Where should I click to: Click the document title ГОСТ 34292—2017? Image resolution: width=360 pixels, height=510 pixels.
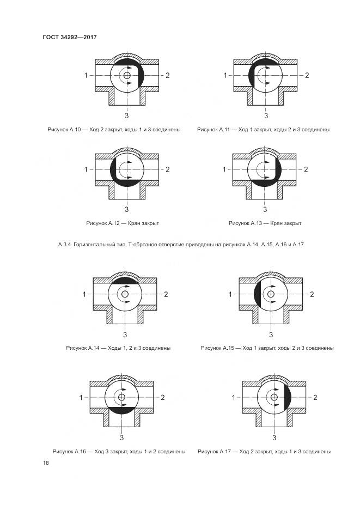pos(69,37)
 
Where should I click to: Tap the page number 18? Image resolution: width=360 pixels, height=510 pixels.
pos(46,463)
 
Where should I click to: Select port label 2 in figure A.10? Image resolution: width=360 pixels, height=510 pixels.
pos(168,75)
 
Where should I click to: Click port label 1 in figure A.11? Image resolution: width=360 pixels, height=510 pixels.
pos(225,75)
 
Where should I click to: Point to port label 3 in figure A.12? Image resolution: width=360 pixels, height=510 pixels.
pos(127,209)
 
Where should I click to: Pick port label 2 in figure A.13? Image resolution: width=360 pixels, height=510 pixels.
pos(306,169)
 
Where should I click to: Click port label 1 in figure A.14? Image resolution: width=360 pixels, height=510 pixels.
pos(84,294)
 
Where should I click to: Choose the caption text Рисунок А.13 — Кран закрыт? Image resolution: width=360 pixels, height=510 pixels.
pos(265,223)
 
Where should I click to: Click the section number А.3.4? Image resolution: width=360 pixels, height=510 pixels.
pos(65,245)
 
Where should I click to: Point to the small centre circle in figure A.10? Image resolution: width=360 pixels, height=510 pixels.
pos(127,75)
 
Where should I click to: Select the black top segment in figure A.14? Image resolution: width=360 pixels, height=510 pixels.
pos(125,280)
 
